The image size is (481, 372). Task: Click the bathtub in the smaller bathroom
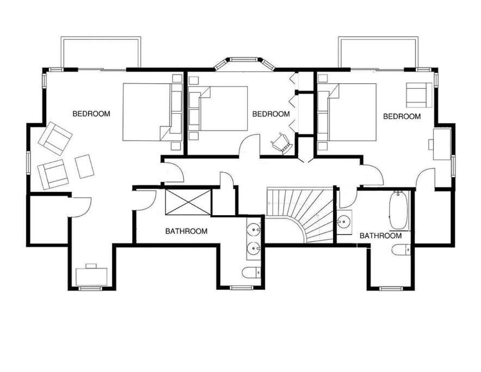tap(399, 210)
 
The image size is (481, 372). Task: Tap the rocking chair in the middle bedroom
tap(281, 143)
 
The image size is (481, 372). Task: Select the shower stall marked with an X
tap(188, 202)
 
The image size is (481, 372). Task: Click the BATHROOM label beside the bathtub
tap(380, 236)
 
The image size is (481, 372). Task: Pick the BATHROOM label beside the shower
tap(186, 231)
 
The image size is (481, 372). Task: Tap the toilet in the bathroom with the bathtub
tap(401, 250)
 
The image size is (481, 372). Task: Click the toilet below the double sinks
tap(251, 273)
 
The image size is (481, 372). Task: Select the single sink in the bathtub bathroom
tap(344, 221)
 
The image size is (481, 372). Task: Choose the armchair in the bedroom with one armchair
tap(419, 95)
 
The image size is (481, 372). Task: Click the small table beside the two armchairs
tap(84, 166)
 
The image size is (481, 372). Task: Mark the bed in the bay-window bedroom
tap(218, 108)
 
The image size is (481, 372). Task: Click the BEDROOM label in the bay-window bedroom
tap(271, 114)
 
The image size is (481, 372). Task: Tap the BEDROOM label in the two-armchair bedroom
tap(91, 114)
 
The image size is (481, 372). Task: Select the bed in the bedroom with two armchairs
tap(152, 112)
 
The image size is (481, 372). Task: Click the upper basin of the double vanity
tap(254, 229)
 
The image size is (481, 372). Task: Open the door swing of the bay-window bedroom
tap(249, 147)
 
